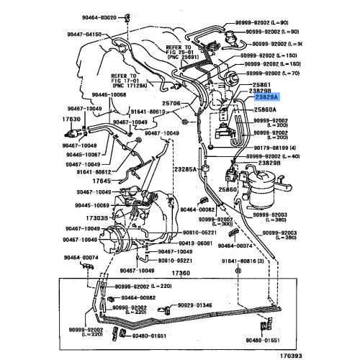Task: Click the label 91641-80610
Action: coord(149,112)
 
